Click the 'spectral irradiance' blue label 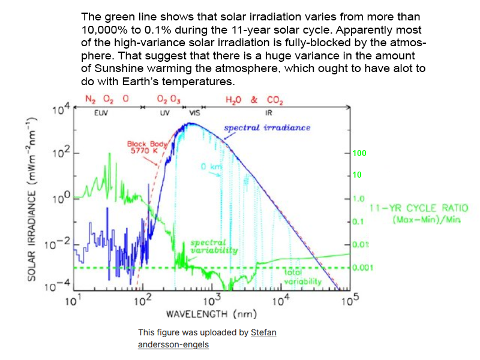tap(267, 128)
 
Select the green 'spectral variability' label tap(214, 247)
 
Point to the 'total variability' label tap(302, 277)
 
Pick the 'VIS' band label tap(194, 112)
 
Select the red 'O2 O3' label tap(169, 100)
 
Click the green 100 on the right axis tap(359, 154)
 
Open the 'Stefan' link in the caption tap(263, 332)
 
